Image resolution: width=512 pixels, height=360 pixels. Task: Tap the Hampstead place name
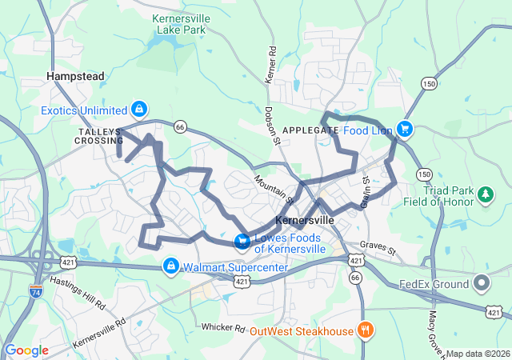pos(76,76)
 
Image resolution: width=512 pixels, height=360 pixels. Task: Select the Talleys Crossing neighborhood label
pos(100,135)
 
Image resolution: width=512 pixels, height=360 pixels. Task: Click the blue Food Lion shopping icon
pos(406,128)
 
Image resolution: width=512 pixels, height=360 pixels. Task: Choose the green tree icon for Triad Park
pos(485,194)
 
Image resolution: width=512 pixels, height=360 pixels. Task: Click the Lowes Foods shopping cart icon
pos(242,241)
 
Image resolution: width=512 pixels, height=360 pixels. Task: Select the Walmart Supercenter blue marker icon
pos(170,266)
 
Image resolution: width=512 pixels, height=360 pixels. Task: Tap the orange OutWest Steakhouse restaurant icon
pos(365,329)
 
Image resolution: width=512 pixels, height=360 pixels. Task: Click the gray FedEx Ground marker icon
pos(482,282)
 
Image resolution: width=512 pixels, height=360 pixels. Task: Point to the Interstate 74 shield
pos(36,292)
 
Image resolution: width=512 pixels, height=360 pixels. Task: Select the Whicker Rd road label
pos(223,327)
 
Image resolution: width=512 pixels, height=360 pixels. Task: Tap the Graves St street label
pos(378,250)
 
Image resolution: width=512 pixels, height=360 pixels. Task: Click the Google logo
pos(27,350)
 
